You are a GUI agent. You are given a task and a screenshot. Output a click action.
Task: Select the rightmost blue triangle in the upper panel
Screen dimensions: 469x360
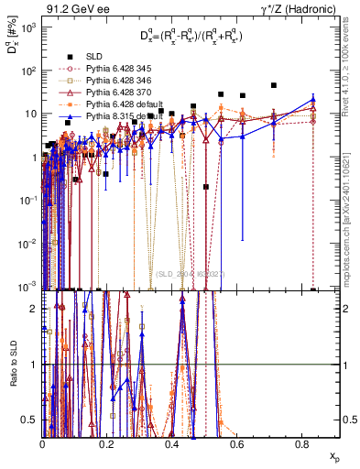coord(313,100)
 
